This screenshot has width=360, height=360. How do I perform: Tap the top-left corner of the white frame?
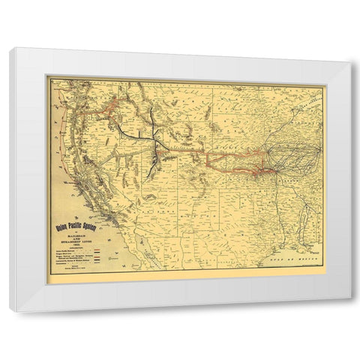(x=10, y=49)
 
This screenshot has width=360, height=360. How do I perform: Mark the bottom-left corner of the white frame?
(x=10, y=310)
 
